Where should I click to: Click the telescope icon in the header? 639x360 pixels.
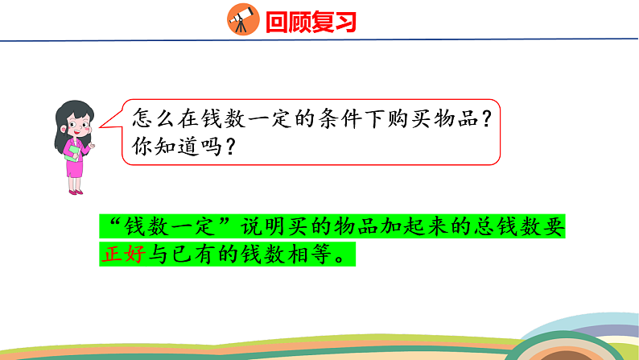[241, 19]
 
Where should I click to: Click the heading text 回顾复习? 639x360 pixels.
[310, 20]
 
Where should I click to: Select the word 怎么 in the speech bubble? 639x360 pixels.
[149, 117]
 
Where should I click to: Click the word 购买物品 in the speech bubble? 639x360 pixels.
[435, 117]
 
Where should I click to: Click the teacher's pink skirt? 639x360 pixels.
[75, 165]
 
